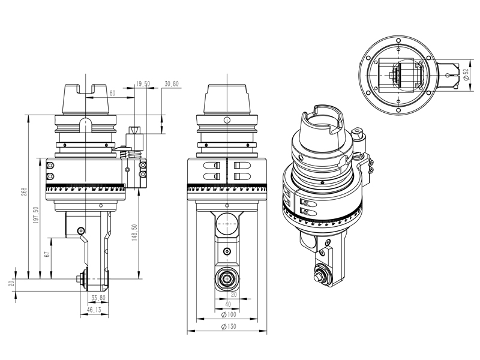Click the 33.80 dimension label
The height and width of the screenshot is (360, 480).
pyautogui.click(x=98, y=297)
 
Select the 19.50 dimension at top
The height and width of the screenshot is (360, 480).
pyautogui.click(x=142, y=83)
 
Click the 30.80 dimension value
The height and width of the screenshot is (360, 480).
pyautogui.click(x=172, y=83)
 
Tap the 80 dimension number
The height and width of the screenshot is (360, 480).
pyautogui.click(x=112, y=93)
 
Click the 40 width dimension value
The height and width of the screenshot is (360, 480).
pyautogui.click(x=228, y=304)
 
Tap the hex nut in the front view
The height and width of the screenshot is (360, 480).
pyautogui.click(x=227, y=278)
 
